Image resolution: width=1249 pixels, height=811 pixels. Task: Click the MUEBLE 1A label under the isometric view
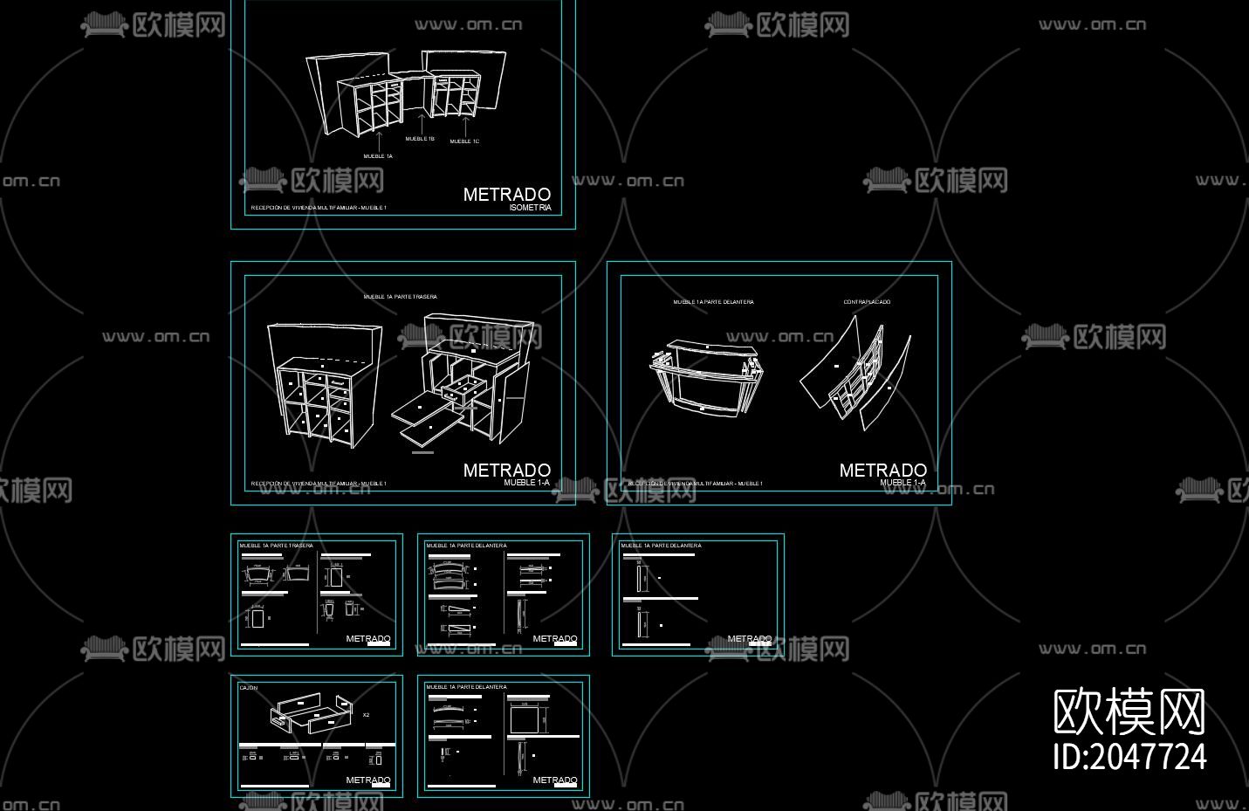tap(378, 156)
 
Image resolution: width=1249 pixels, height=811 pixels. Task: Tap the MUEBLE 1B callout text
tap(420, 139)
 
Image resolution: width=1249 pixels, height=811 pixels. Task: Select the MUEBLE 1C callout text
tap(464, 141)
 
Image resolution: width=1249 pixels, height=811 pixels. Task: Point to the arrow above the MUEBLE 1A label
tap(379, 140)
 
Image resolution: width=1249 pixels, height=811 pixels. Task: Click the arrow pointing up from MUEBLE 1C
tap(465, 127)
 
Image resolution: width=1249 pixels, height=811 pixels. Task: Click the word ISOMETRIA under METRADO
tap(530, 208)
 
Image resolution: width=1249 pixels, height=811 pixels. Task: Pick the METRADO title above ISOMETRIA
tap(506, 195)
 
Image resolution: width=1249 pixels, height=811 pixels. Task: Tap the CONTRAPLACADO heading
tap(867, 302)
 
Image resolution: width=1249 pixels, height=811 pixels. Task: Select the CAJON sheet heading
tap(249, 688)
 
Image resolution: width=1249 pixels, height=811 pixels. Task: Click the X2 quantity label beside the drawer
tap(366, 715)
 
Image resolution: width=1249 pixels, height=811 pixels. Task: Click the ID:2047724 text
tap(1129, 757)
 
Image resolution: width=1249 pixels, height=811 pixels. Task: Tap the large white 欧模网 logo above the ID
tap(1129, 712)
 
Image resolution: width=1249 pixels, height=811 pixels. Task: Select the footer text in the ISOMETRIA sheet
tap(319, 208)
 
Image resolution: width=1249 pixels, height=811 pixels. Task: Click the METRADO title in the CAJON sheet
tap(367, 780)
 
